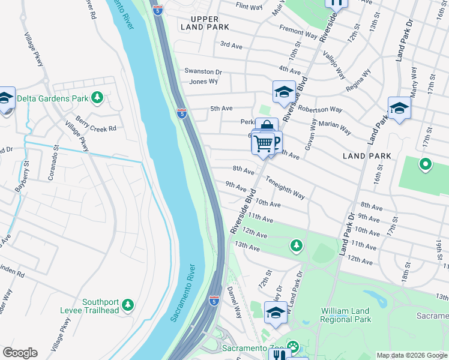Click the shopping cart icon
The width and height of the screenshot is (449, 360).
tap(263, 143)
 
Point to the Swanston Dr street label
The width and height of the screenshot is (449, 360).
tap(203, 71)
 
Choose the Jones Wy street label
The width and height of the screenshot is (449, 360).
tap(203, 82)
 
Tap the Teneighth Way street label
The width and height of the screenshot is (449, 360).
tap(285, 187)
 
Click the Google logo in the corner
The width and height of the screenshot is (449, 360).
tap(20, 353)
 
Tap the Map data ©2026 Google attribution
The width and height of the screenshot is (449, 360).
tap(412, 355)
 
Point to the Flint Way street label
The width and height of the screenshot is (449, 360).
tap(250, 7)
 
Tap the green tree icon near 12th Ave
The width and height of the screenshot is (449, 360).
tap(296, 245)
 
